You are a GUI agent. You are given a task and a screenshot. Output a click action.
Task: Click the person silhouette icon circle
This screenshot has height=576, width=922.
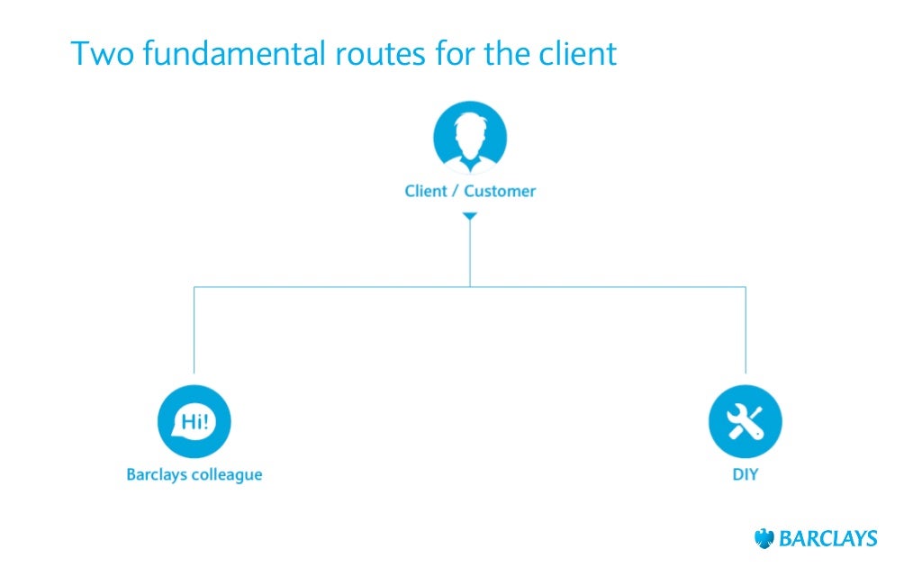coord(469,139)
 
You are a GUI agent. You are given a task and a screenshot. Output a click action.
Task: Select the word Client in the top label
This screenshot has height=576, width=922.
coord(427,191)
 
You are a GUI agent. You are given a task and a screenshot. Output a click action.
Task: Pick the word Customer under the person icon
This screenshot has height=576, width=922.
coord(500,191)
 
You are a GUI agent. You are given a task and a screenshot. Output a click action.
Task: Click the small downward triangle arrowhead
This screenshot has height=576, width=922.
coord(469,217)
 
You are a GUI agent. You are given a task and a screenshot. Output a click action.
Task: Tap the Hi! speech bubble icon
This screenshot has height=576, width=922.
coord(194,421)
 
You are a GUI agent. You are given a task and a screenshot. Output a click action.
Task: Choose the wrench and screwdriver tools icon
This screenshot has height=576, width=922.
coord(745,421)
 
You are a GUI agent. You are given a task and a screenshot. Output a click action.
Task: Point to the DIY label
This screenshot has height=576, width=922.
coord(745,474)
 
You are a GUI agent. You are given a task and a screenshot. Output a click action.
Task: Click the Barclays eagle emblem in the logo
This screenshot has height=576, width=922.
coord(764,539)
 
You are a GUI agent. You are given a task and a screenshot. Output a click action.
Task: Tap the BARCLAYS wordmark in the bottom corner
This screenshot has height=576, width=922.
coord(827,539)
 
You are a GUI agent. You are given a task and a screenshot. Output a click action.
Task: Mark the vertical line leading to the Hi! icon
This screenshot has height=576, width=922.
coord(194,333)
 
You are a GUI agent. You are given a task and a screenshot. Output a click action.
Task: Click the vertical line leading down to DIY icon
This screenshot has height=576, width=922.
coord(746,333)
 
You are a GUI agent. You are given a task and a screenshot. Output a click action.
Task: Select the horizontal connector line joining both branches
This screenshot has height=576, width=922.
coord(333,287)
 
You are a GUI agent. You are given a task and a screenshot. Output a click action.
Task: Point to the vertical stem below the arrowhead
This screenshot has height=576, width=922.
coord(469,256)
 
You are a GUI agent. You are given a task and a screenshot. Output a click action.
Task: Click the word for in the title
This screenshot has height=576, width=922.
coord(473,54)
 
